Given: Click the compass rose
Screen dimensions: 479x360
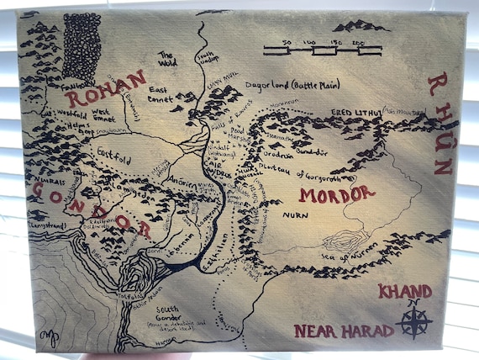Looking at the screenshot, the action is [x=414, y=320].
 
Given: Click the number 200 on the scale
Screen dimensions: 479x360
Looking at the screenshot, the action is [x=358, y=41].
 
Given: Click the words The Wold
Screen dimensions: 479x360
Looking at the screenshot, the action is [x=166, y=60].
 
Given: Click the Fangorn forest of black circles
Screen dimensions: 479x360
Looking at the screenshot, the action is [x=82, y=46].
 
